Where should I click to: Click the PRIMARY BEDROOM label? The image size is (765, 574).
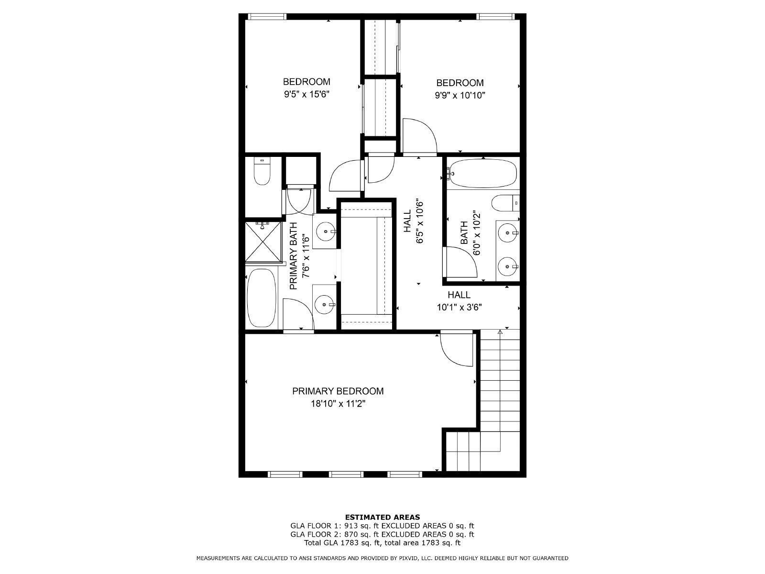338,391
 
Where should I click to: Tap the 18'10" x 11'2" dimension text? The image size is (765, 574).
338,404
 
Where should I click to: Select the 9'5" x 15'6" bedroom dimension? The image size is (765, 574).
306,94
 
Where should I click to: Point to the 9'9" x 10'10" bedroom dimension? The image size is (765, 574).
459,95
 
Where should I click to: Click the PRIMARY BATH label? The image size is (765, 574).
294,256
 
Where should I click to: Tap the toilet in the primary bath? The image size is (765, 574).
262,171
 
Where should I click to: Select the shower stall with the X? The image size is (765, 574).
263,242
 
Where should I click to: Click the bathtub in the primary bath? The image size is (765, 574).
262,298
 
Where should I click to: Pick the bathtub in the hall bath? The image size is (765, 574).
483,174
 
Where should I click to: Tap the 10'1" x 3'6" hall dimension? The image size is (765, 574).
459,308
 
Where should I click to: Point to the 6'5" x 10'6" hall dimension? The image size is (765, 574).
419,222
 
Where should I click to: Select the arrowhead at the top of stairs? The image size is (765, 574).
500,332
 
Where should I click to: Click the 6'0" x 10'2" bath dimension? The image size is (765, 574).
476,233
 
